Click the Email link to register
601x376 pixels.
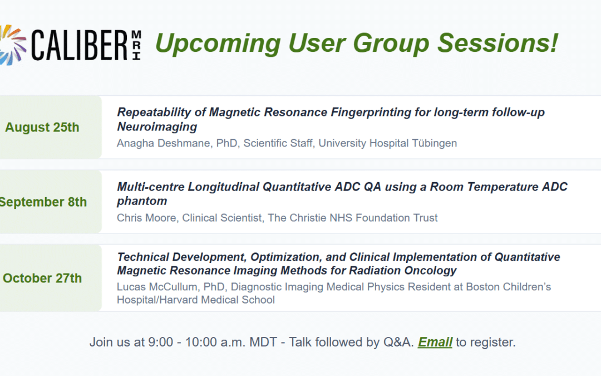coord(435,342)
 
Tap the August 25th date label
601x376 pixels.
coord(42,128)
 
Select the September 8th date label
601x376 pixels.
coord(43,202)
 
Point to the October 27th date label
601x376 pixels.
coord(42,278)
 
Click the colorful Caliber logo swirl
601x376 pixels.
coord(13,45)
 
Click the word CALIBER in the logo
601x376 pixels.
coord(80,45)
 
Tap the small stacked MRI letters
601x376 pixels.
coord(136,45)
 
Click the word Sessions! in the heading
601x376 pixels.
coord(497,42)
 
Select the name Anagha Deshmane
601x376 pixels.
coord(164,143)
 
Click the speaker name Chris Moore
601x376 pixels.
coord(146,218)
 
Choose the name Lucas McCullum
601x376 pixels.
coord(157,287)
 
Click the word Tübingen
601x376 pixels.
coord(434,143)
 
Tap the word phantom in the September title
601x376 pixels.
coord(142,201)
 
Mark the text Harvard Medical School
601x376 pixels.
coord(217,300)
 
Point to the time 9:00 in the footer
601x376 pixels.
coord(161,342)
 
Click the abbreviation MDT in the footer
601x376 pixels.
coord(263,342)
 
